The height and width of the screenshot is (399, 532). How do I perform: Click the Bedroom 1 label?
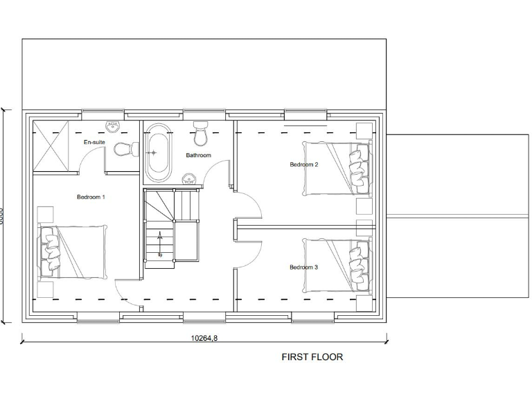click(91, 197)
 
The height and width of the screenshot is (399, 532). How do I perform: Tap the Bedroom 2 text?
click(303, 165)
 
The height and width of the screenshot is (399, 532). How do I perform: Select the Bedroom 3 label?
click(303, 267)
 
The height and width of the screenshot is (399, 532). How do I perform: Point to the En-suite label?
click(94, 142)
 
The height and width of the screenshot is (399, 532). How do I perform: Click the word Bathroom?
click(198, 155)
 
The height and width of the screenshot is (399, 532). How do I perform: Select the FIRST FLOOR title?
click(312, 357)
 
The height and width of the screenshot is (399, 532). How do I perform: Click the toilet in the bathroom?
click(201, 130)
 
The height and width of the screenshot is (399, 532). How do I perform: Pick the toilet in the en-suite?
click(125, 149)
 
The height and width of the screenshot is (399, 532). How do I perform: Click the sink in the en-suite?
click(112, 125)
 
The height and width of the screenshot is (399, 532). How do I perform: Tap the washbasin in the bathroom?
click(189, 180)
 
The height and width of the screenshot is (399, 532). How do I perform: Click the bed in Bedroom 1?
click(73, 251)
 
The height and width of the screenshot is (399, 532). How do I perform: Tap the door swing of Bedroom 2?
click(248, 204)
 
